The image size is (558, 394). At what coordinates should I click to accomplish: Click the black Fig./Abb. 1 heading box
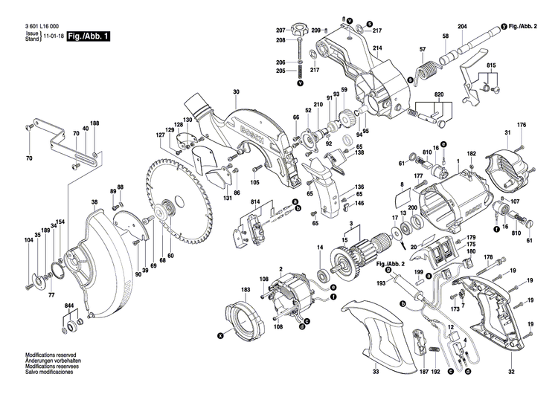88,35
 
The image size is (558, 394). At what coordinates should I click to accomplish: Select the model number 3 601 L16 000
45,25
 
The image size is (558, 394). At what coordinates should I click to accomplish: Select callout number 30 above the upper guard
236,92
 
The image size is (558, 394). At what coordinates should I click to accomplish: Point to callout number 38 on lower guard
94,202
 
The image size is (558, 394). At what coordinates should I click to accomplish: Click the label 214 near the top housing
377,48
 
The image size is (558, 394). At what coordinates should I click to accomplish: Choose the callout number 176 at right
522,124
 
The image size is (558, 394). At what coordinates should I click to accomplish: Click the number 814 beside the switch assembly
255,203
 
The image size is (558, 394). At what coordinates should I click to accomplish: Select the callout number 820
439,96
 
